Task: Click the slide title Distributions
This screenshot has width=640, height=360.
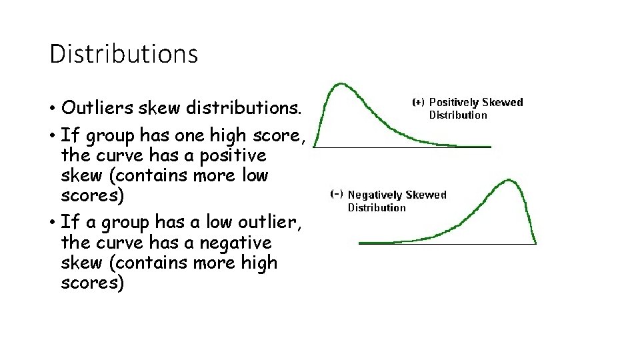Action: pyautogui.click(x=123, y=53)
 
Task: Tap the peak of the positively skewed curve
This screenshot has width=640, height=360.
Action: pyautogui.click(x=341, y=84)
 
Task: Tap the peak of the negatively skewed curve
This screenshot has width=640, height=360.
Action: pyautogui.click(x=511, y=179)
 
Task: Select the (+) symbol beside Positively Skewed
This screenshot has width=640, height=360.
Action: pyautogui.click(x=418, y=102)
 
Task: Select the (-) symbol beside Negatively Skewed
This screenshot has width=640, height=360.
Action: pyautogui.click(x=337, y=195)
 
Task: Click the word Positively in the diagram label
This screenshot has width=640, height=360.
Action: pyautogui.click(x=453, y=102)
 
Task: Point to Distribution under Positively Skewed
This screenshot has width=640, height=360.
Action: pyautogui.click(x=457, y=115)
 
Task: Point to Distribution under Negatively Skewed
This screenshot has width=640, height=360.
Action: pyautogui.click(x=377, y=207)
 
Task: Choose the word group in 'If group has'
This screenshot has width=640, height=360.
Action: pyautogui.click(x=107, y=136)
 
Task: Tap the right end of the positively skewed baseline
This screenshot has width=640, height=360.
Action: pyautogui.click(x=490, y=147)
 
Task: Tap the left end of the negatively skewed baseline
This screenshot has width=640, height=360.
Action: pyautogui.click(x=360, y=243)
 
